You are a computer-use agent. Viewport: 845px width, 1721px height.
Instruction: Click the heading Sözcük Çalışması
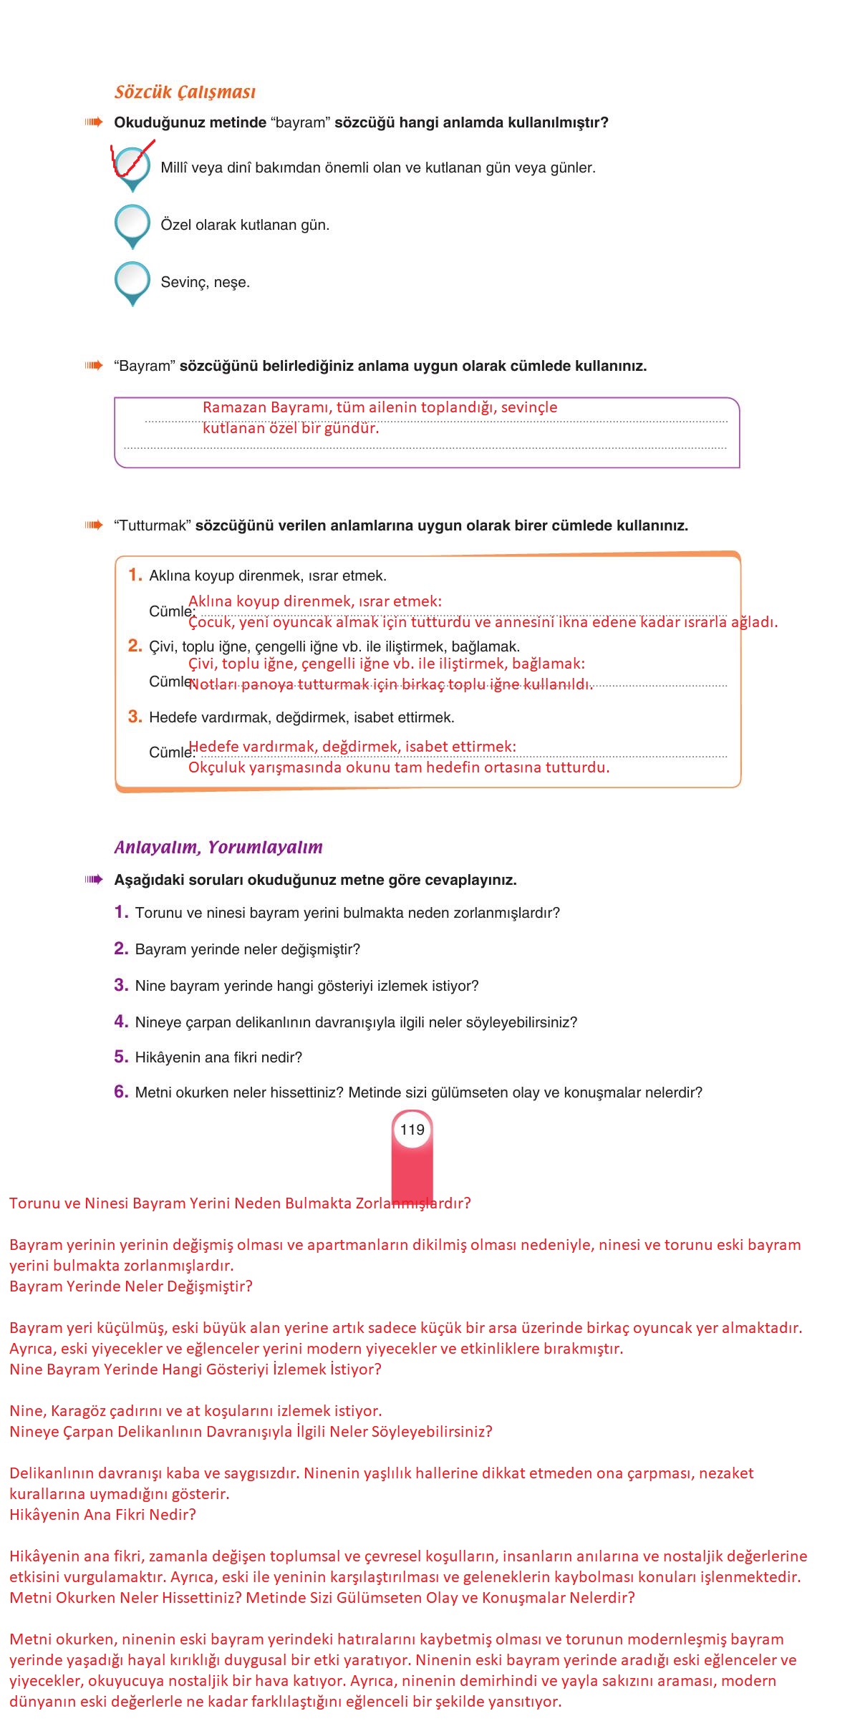pyautogui.click(x=185, y=92)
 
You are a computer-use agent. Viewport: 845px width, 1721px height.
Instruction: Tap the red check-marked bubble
pyautogui.click(x=132, y=165)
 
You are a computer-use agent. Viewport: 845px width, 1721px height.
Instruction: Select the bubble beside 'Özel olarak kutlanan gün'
pyautogui.click(x=132, y=223)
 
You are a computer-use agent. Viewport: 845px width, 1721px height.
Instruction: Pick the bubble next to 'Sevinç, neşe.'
pyautogui.click(x=132, y=280)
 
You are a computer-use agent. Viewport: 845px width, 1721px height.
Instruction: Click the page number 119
pyautogui.click(x=412, y=1130)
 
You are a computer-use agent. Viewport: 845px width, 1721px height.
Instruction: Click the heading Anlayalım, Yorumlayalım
pyautogui.click(x=218, y=848)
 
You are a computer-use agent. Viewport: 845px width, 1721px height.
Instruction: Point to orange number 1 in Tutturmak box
pyautogui.click(x=135, y=575)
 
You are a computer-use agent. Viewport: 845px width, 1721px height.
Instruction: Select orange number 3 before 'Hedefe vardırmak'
pyautogui.click(x=135, y=717)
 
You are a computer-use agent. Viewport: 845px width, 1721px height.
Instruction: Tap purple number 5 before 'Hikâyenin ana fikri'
pyautogui.click(x=121, y=1057)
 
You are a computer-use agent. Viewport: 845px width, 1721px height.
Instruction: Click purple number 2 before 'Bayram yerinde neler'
pyautogui.click(x=121, y=949)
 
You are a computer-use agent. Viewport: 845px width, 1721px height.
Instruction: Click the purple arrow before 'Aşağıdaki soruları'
pyautogui.click(x=94, y=880)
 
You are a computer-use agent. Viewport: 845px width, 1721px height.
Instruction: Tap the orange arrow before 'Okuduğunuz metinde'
pyautogui.click(x=94, y=122)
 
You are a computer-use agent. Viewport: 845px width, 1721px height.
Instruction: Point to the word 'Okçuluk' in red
pyautogui.click(x=216, y=767)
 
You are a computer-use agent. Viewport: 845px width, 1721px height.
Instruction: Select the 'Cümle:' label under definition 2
pyautogui.click(x=170, y=682)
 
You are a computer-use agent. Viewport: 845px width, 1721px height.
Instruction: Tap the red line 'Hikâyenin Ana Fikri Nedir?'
pyautogui.click(x=102, y=1514)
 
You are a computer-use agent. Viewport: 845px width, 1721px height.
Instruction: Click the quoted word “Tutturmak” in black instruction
pyautogui.click(x=153, y=525)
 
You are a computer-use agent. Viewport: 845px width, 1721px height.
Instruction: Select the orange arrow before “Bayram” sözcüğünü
pyautogui.click(x=94, y=366)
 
